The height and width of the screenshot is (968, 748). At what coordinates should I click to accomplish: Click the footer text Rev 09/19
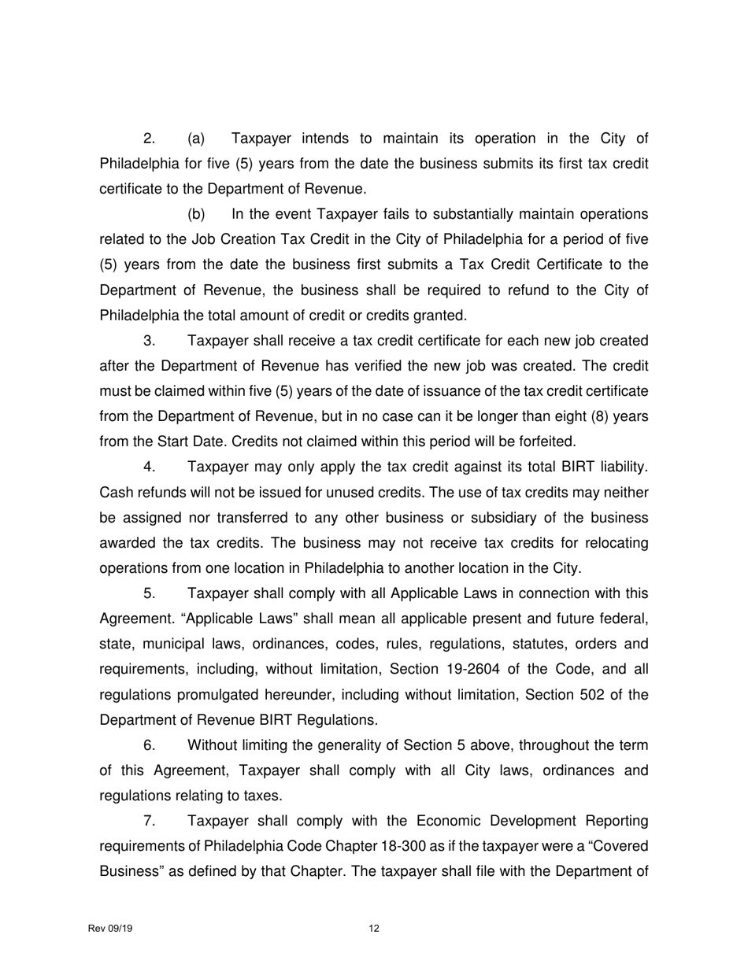point(110,929)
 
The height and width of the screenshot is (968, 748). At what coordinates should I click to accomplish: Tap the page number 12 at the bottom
point(374,929)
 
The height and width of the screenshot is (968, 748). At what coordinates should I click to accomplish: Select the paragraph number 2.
point(149,139)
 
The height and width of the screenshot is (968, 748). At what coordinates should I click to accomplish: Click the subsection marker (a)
point(196,139)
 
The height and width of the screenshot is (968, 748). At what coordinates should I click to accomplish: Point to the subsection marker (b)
point(196,215)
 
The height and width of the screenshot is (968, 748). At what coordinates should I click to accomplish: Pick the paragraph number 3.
point(149,341)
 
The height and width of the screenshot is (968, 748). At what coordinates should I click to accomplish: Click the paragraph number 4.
point(149,467)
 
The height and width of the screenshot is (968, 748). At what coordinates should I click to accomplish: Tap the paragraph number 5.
point(149,593)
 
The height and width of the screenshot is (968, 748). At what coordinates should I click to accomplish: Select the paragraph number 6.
point(149,745)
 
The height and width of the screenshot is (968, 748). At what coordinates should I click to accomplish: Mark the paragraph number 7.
point(149,821)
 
